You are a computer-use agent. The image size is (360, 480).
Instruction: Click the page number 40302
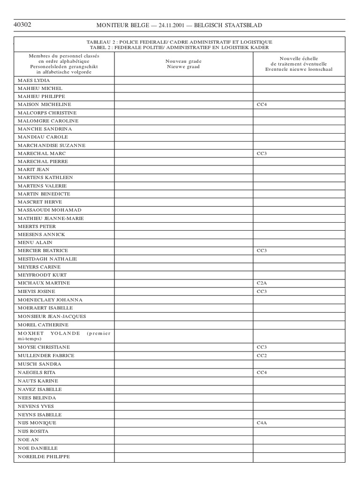(x=22, y=25)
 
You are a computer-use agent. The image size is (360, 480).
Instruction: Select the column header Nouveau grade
(x=183, y=61)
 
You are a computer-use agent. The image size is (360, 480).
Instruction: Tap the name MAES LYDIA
(x=34, y=80)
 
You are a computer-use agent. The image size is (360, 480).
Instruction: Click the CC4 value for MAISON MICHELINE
(x=262, y=105)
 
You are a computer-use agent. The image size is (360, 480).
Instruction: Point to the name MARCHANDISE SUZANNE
(x=52, y=145)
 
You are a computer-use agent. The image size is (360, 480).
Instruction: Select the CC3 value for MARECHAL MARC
(x=262, y=153)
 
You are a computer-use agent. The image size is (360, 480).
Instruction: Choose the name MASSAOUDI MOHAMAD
(x=50, y=210)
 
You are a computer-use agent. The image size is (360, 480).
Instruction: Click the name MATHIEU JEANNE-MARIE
(x=51, y=218)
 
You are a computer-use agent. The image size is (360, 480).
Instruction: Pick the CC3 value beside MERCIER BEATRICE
(x=262, y=251)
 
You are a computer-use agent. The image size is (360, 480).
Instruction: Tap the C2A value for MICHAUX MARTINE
(x=262, y=283)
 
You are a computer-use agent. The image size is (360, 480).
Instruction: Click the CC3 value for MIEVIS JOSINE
(x=262, y=292)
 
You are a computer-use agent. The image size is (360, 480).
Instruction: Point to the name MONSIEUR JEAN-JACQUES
(x=52, y=316)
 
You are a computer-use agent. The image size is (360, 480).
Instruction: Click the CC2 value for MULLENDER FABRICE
(x=262, y=356)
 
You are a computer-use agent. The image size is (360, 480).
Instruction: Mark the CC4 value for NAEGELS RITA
(x=262, y=372)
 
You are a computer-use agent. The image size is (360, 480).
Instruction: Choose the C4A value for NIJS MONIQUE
(x=262, y=423)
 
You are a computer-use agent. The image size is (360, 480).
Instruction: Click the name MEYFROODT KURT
(x=42, y=275)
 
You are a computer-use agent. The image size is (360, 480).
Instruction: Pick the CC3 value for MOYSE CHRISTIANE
(x=262, y=347)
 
